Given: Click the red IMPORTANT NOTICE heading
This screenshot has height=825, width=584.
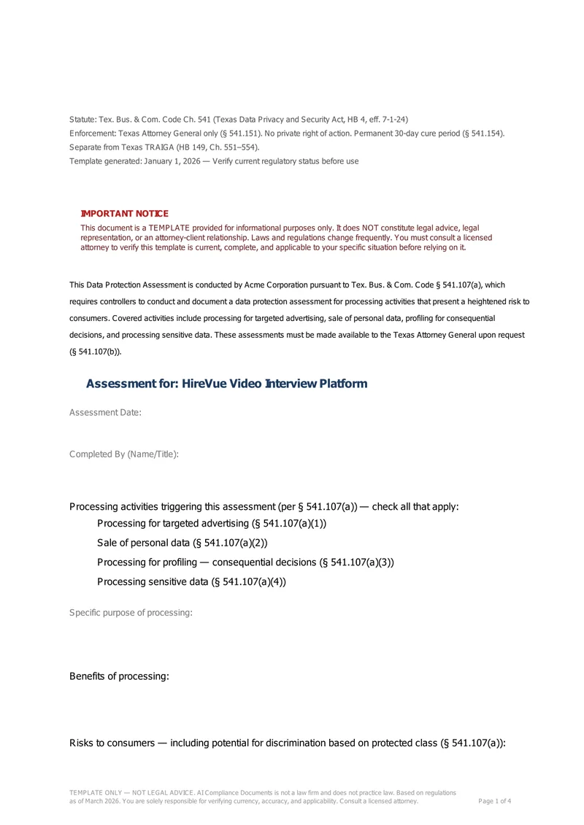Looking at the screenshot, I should coord(124,213).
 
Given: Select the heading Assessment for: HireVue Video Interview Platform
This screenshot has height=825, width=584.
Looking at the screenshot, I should coord(226,384).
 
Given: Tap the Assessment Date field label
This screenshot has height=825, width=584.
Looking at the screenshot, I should coord(105,412).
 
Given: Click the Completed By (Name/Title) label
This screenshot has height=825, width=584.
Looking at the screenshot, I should coord(124,454).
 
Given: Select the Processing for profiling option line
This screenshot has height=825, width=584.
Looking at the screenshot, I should coord(245,562).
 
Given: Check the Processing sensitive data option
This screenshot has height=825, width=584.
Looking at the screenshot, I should coord(191,581).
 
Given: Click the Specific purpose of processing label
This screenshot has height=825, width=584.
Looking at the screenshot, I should coord(131,612).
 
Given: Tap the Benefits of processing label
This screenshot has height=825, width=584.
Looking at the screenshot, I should coord(119,676).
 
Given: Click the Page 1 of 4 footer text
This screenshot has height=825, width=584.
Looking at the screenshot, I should coord(494,801).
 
